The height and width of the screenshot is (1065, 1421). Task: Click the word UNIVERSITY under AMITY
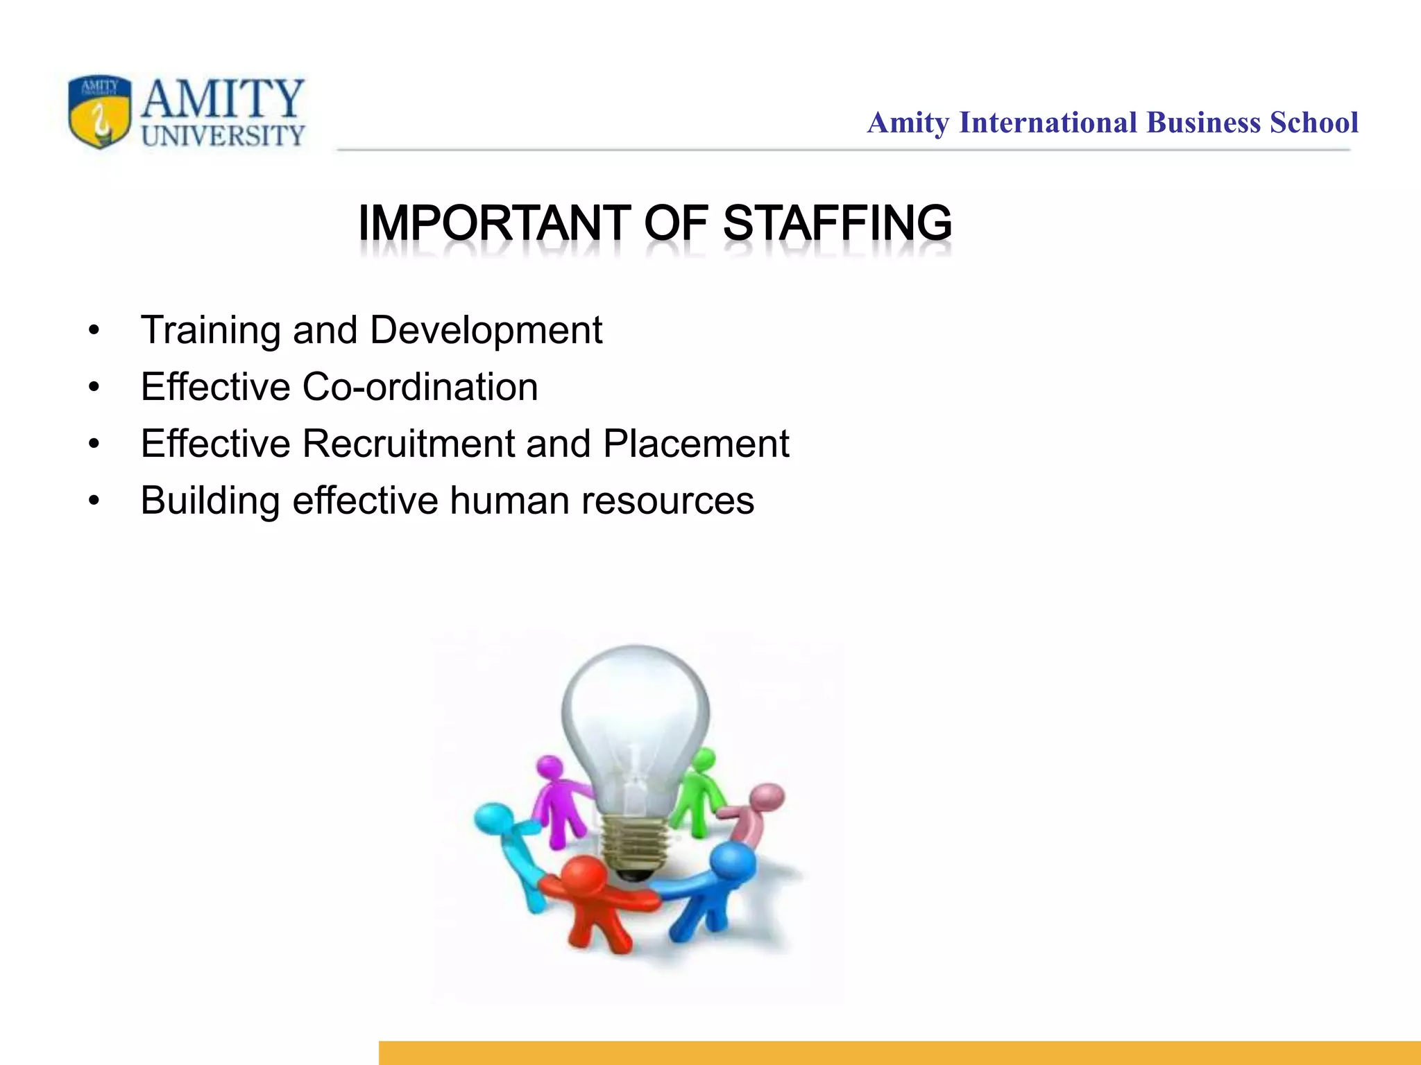click(x=223, y=135)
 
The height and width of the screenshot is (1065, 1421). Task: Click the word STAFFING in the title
click(x=837, y=223)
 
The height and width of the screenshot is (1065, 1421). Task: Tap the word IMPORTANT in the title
click(x=495, y=223)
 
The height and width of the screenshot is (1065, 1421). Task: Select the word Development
click(x=486, y=331)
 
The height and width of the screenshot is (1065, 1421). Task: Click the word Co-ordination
click(x=420, y=387)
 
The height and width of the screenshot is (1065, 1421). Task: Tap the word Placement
click(x=696, y=444)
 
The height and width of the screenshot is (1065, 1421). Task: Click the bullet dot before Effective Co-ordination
click(x=94, y=387)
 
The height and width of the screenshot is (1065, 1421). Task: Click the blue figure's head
click(x=733, y=861)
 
